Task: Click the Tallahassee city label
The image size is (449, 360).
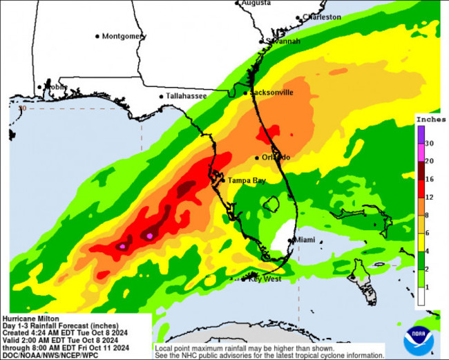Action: coord(186,96)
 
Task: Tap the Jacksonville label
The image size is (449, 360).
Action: coord(271,92)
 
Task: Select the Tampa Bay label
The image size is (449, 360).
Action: coord(247,180)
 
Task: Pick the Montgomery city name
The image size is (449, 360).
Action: coord(124,36)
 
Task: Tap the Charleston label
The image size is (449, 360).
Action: coord(322,17)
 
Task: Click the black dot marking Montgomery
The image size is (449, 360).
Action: coord(97,36)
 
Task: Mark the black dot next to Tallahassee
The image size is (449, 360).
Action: coord(161,97)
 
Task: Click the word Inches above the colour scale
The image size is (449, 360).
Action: coord(430,120)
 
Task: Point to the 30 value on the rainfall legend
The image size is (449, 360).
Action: coord(429,143)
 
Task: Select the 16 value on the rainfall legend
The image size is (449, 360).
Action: coord(429,179)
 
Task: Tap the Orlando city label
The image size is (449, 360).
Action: coord(276,158)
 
